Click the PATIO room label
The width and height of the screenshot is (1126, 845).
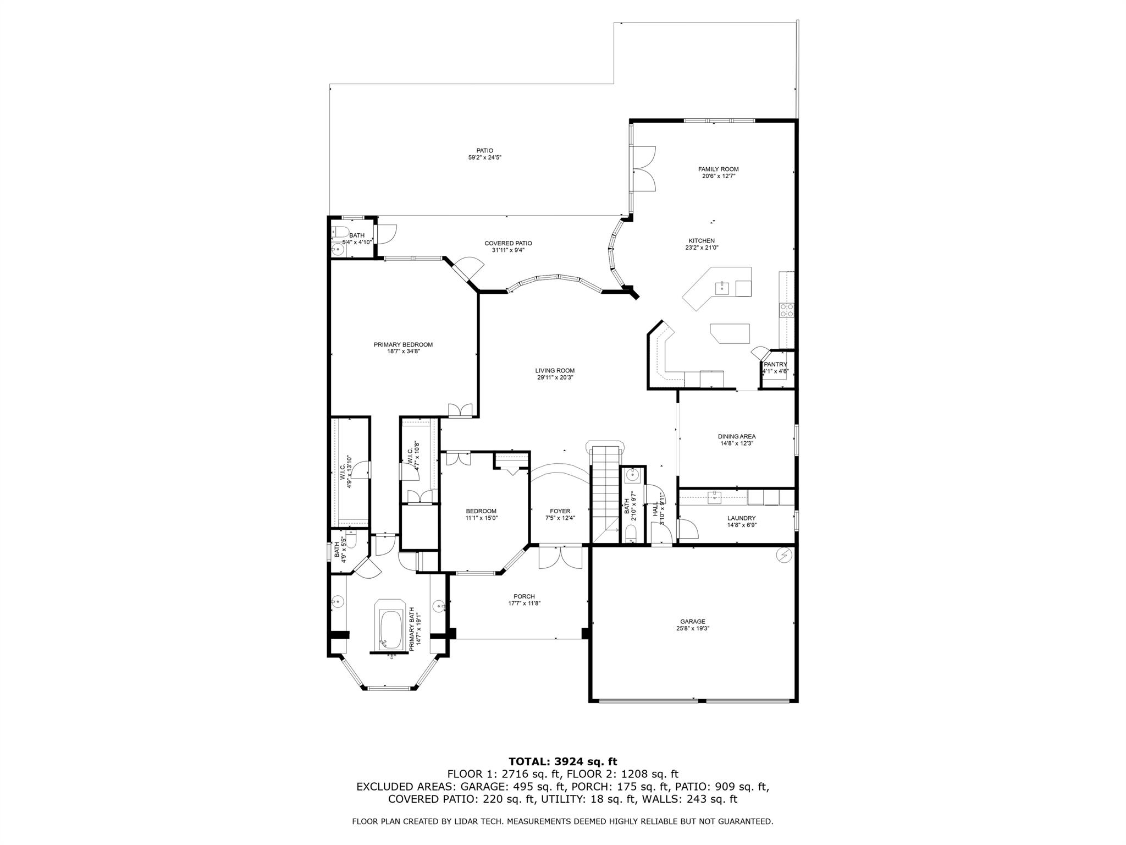point(484,151)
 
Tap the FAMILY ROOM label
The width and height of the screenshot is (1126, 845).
point(718,169)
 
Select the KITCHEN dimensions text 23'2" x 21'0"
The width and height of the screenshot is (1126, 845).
point(702,248)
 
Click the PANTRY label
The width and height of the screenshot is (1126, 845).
point(775,364)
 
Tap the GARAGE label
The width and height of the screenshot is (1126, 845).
point(693,622)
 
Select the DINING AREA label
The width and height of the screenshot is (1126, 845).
point(736,436)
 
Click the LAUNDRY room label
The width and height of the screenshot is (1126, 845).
point(741,518)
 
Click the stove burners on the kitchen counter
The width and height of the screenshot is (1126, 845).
point(786,311)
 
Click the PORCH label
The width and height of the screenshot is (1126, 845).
point(524,596)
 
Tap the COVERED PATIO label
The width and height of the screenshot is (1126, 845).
point(508,243)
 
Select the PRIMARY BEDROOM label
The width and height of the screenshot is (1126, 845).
point(403,345)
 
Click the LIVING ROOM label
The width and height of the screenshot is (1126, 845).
point(555,371)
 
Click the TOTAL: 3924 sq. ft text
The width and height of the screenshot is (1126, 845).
point(562,762)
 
